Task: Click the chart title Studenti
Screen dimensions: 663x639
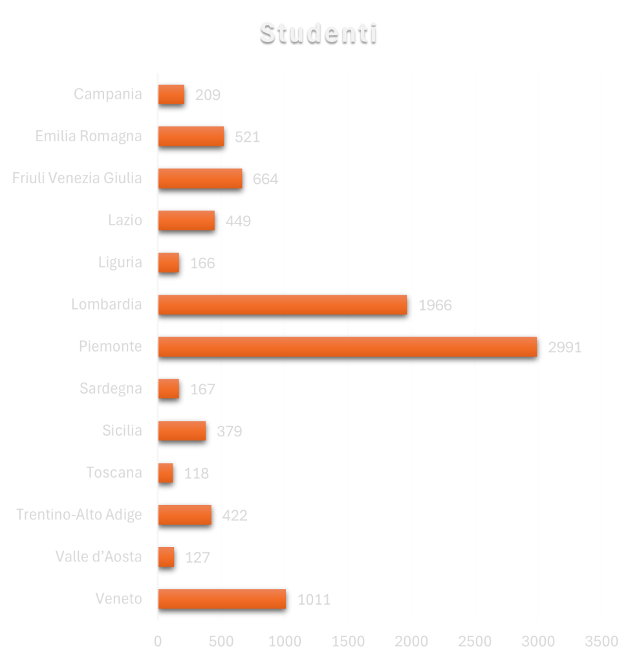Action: coord(318,33)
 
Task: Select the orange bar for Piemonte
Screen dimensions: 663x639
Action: coord(347,346)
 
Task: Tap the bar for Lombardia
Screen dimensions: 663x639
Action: coord(282,304)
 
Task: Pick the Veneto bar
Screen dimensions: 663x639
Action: coord(221,599)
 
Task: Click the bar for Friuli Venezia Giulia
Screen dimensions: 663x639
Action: coord(200,178)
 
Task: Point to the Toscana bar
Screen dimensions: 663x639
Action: coord(166,473)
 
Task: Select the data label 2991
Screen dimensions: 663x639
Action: coord(565,348)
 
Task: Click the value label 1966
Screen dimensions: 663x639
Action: coord(435,306)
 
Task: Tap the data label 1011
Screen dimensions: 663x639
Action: coord(314,600)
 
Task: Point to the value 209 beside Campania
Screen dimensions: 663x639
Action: coord(208,95)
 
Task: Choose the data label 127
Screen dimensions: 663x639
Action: coord(197,557)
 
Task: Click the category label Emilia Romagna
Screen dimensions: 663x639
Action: coord(89,137)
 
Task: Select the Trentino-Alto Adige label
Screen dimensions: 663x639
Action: coord(79,515)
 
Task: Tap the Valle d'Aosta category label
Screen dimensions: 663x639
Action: coord(98,556)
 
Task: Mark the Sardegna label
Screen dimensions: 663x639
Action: coord(111,388)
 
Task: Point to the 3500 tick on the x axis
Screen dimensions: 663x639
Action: coord(601,641)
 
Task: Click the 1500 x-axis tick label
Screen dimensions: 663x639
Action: coord(348,641)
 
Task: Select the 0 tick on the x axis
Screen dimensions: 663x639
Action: coord(158,641)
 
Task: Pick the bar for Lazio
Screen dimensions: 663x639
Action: coord(186,220)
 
